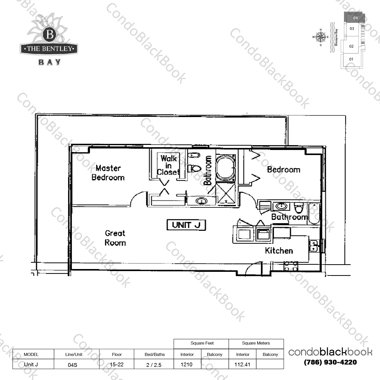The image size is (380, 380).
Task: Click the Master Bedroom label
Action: pyautogui.click(x=108, y=173)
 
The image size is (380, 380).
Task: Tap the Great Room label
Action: pyautogui.click(x=115, y=238)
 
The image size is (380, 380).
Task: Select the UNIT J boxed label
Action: pyautogui.click(x=186, y=225)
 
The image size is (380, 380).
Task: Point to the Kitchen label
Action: pyautogui.click(x=279, y=251)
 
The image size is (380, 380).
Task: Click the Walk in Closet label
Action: pyautogui.click(x=168, y=165)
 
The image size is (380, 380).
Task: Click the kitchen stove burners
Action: pyautogui.click(x=291, y=266)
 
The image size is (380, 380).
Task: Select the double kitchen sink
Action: pyautogui.click(x=314, y=246)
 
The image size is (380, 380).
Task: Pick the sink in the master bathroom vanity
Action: pyautogui.click(x=201, y=201)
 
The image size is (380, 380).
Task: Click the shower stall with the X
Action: pyautogui.click(x=226, y=193)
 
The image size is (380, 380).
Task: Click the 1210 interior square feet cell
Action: pyautogui.click(x=187, y=364)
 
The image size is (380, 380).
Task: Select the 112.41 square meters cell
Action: pyautogui.click(x=242, y=364)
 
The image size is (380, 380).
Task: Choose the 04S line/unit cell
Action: pyautogui.click(x=73, y=365)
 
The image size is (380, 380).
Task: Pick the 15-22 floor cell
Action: pyautogui.click(x=117, y=364)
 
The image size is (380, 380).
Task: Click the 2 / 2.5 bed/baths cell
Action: pyautogui.click(x=154, y=365)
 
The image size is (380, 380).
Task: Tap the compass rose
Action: pyautogui.click(x=321, y=37)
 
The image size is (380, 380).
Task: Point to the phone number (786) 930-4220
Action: pyautogui.click(x=330, y=362)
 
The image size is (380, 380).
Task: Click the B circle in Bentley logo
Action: pyautogui.click(x=50, y=34)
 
